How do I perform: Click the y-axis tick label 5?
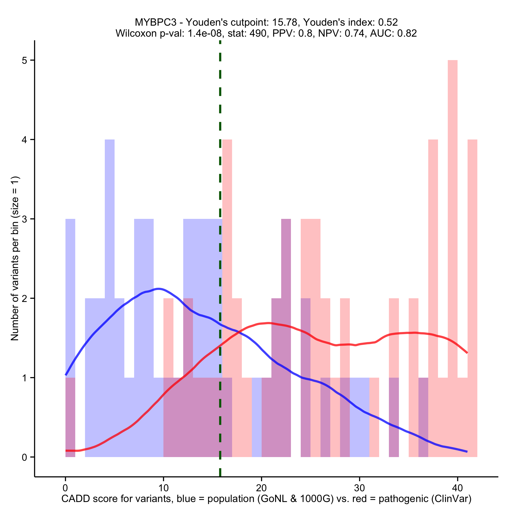point(25,61)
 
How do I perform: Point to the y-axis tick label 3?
point(25,219)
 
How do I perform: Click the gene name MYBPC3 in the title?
point(155,22)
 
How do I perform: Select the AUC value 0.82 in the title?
point(407,33)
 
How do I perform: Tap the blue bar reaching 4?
point(110,239)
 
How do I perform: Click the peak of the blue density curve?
point(159,289)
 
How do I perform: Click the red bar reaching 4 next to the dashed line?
point(227,239)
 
